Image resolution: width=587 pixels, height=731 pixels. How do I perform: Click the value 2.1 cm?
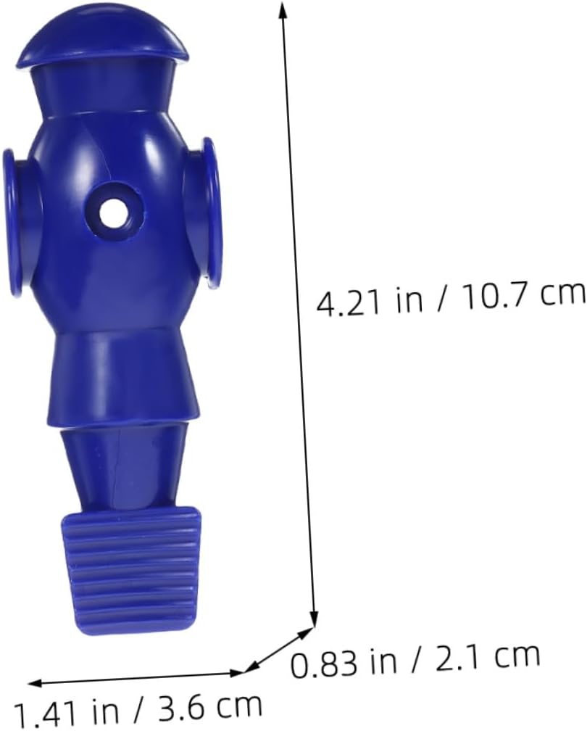coord(487,656)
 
